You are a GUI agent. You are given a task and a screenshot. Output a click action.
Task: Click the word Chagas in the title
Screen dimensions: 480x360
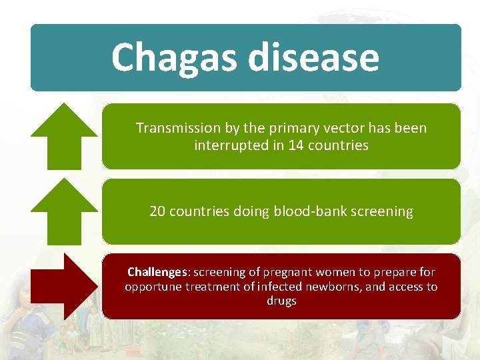[175, 58]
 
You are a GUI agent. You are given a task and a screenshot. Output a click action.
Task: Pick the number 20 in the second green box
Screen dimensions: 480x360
[157, 211]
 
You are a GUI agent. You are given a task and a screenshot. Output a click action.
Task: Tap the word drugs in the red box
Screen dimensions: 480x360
[281, 301]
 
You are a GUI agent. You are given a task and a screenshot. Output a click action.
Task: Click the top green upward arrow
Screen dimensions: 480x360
[65, 137]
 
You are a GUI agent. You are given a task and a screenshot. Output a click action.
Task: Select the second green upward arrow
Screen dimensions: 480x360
[65, 211]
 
